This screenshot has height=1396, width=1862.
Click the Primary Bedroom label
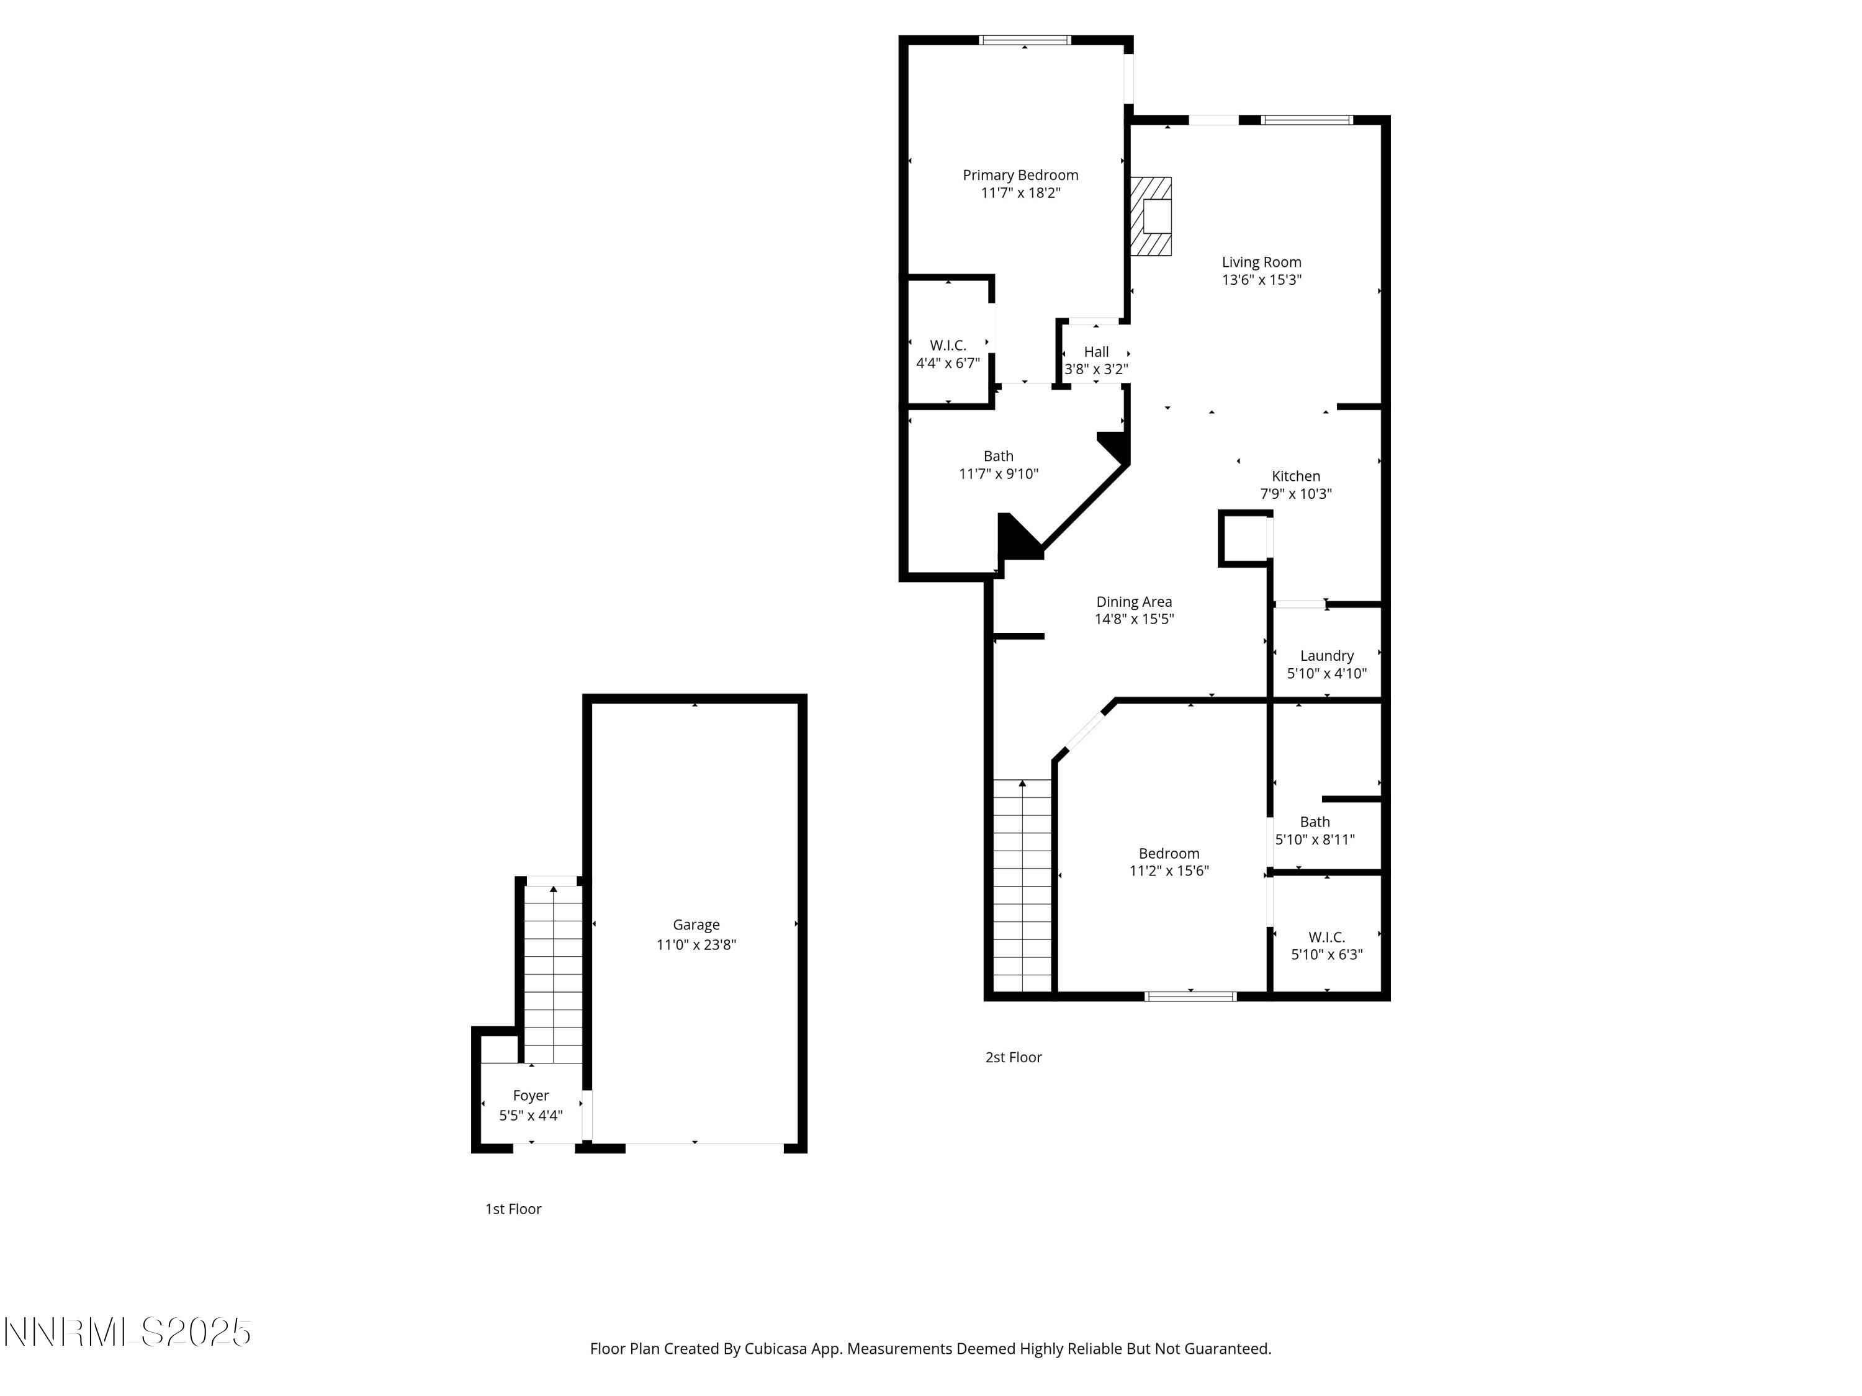[1020, 175]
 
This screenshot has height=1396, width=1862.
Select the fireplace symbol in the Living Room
[1151, 217]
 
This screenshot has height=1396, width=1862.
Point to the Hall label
[1096, 352]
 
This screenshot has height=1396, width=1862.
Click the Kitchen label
[1295, 477]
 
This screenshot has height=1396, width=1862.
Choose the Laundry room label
[1326, 656]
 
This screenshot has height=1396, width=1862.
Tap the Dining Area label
[1134, 602]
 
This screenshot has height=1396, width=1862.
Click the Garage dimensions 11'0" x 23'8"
[696, 945]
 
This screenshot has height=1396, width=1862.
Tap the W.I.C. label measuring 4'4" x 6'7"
[948, 345]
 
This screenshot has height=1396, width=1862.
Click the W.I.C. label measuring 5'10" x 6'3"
[1326, 936]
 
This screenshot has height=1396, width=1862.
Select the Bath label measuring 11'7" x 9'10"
[998, 456]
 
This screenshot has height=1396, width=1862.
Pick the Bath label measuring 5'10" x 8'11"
[1315, 822]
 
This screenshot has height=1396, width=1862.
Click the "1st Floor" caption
[513, 1209]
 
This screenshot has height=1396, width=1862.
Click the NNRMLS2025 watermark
[128, 1333]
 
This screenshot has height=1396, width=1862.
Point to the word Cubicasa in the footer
[775, 1349]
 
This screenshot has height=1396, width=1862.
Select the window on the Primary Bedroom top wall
[1025, 40]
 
